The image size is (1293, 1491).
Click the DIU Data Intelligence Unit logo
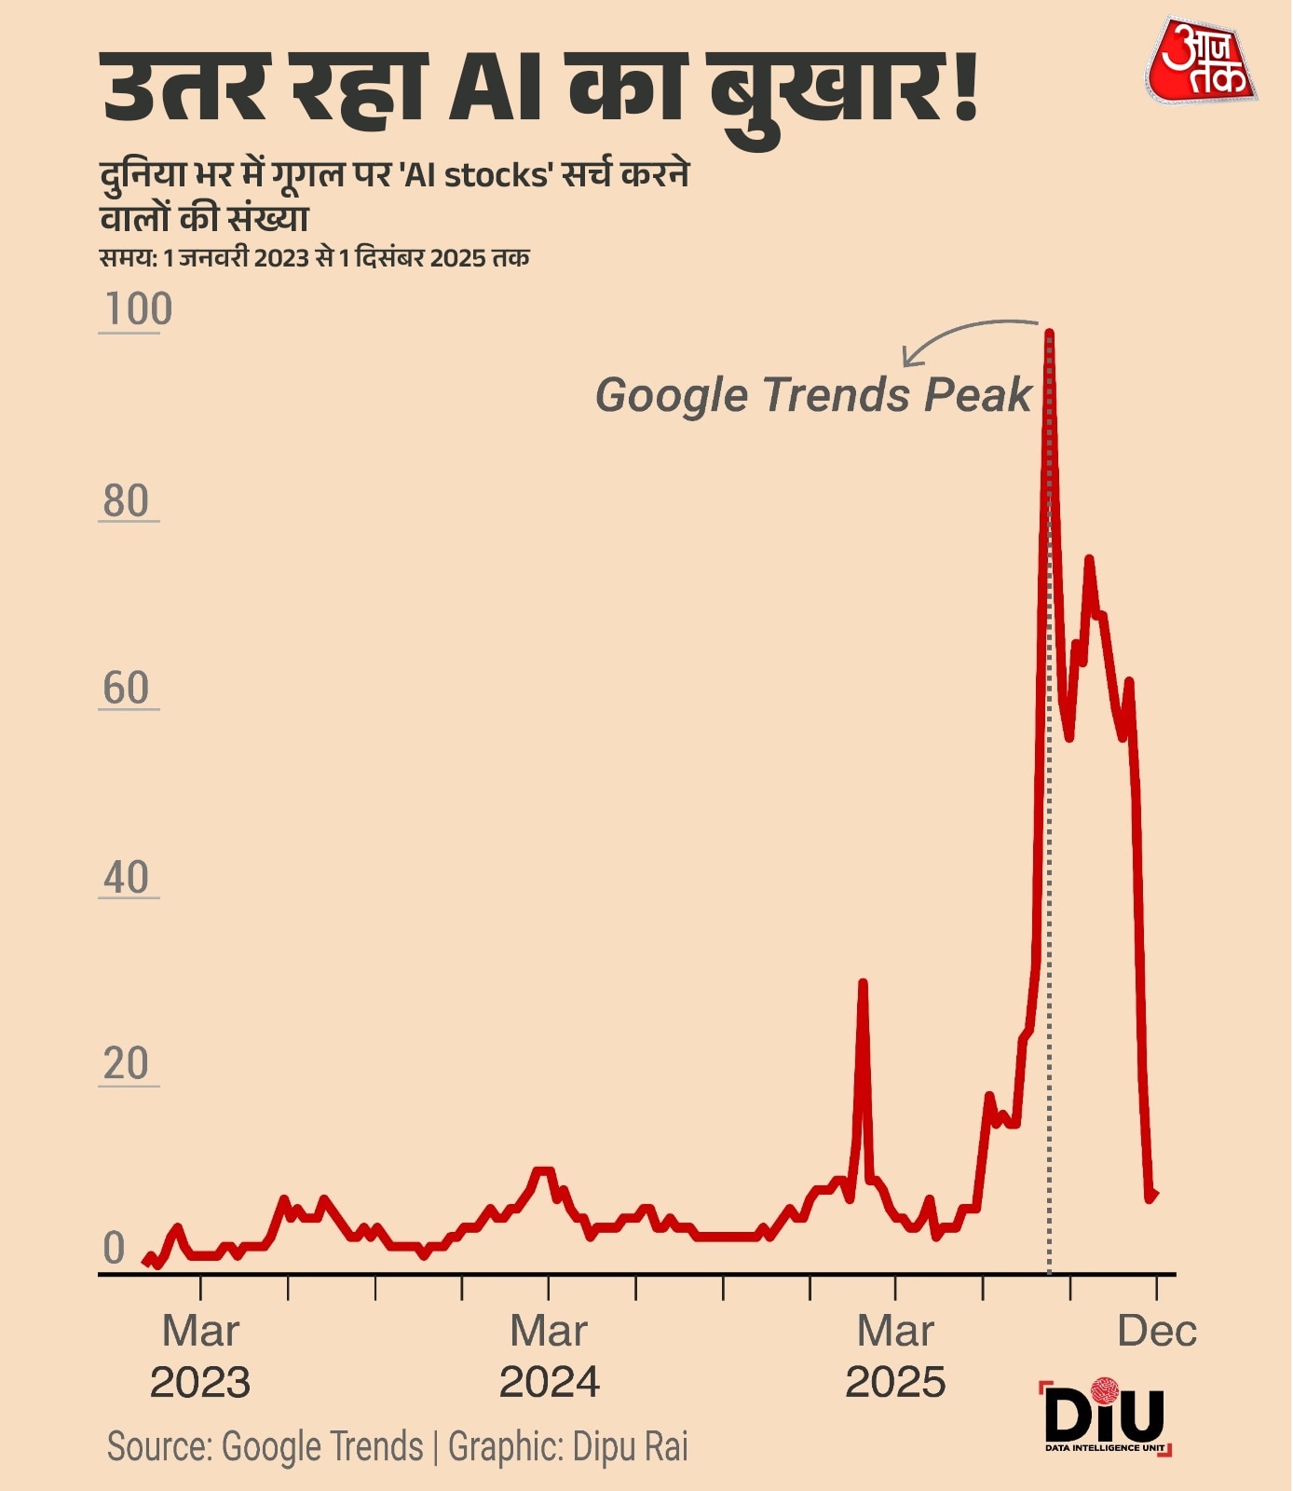tap(1105, 1416)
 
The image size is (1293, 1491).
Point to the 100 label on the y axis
tap(138, 309)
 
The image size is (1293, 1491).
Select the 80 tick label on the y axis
tap(126, 501)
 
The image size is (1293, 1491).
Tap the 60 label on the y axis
tap(126, 690)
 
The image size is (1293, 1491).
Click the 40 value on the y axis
tap(126, 878)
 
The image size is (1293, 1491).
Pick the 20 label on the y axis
tap(126, 1064)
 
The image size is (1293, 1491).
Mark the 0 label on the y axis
tap(114, 1249)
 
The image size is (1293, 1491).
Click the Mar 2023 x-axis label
tap(200, 1357)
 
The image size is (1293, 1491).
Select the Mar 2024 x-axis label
tap(549, 1357)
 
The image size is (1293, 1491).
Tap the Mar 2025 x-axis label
tap(895, 1357)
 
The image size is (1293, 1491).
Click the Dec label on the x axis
tap(1156, 1332)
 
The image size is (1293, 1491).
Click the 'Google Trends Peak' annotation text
tap(813, 395)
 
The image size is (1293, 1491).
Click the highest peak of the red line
tap(1049, 334)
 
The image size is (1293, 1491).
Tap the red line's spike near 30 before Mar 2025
tap(863, 984)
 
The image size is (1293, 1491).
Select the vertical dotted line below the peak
tap(1050, 1118)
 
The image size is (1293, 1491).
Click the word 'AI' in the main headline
tap(495, 89)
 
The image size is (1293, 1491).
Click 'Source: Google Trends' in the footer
tap(265, 1447)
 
